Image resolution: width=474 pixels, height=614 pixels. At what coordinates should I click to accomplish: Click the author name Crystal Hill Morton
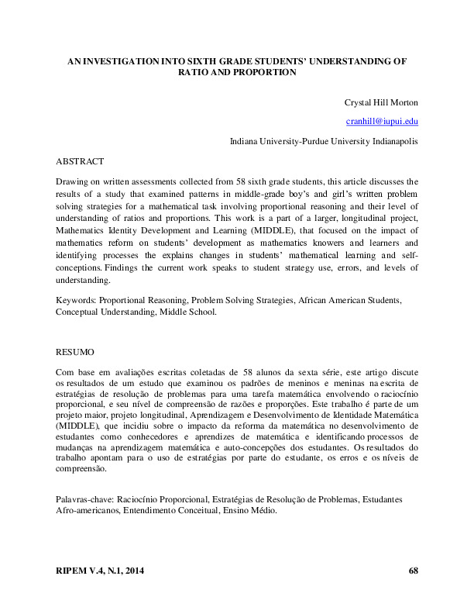pos(381,102)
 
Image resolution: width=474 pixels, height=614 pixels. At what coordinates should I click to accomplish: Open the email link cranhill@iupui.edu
pos(382,122)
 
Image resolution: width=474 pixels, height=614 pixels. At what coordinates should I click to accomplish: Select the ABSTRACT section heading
pos(80,161)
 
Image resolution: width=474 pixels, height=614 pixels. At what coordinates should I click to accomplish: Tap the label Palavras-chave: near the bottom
pos(88,502)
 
